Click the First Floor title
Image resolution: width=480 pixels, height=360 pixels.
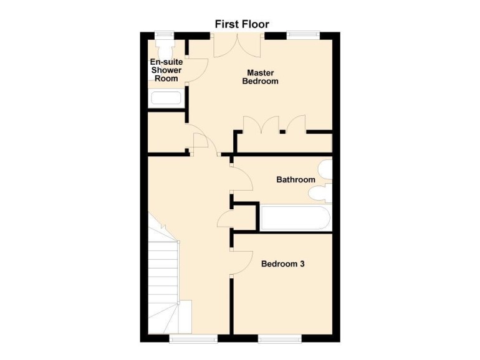tap(242, 24)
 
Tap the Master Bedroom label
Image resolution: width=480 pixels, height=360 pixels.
tap(260, 77)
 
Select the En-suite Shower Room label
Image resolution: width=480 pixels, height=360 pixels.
tap(166, 70)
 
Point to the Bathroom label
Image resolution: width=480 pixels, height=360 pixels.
tap(295, 180)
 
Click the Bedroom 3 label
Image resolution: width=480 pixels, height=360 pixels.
tap(282, 264)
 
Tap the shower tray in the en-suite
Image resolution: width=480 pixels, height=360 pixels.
tap(166, 98)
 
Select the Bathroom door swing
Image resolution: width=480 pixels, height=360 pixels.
tap(242, 181)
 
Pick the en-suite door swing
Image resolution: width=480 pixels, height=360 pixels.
tap(198, 69)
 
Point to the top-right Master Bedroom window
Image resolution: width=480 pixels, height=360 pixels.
tap(303, 35)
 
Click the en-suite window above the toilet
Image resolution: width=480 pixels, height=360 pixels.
tap(165, 35)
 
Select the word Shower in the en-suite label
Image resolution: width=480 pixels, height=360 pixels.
tap(166, 70)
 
